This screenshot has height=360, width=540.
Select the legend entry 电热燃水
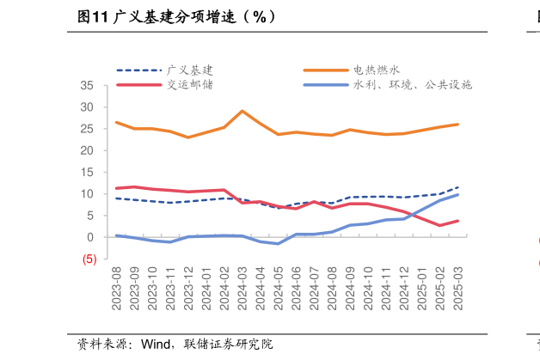click(377, 70)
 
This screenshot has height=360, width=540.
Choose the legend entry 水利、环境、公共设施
click(413, 84)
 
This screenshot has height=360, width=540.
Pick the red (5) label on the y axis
click(89, 259)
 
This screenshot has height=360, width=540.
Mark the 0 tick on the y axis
click(90, 237)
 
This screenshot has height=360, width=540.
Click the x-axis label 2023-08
click(117, 290)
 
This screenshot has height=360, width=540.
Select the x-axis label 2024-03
click(242, 290)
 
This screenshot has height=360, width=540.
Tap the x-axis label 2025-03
click(457, 290)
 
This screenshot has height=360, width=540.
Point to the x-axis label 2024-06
click(296, 290)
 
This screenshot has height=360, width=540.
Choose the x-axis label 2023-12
click(188, 290)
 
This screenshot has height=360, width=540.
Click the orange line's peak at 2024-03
click(242, 111)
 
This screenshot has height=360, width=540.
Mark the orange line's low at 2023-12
click(188, 137)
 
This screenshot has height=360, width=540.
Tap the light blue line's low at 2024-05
click(278, 244)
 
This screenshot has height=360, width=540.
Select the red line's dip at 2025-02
click(439, 226)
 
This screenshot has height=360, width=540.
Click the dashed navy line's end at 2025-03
click(457, 187)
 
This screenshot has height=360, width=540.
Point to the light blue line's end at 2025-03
click(457, 195)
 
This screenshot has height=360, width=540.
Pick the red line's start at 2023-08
click(117, 188)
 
